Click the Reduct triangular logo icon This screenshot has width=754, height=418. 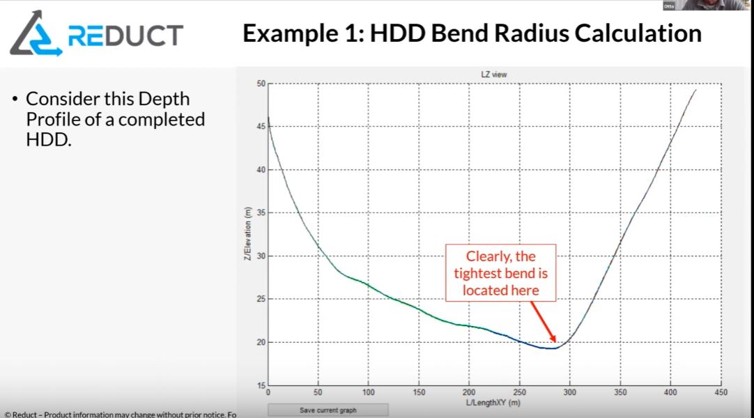35,35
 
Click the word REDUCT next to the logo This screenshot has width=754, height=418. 125,35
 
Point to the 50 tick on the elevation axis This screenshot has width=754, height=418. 261,84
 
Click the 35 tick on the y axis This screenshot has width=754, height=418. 261,213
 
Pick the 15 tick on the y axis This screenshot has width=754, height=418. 261,386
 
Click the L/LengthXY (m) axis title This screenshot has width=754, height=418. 493,403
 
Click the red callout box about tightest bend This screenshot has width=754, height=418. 500,272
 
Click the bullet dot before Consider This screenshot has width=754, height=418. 15,99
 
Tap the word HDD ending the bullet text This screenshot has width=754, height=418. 47,140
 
